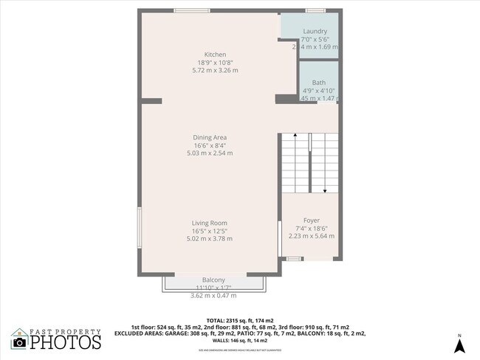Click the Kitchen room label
coord(215,55)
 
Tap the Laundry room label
coord(315,31)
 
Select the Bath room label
coord(318,83)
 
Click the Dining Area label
coord(210,137)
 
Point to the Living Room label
coord(210,223)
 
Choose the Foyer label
coord(310,219)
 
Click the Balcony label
coord(213,280)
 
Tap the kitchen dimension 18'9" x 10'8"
coord(215,63)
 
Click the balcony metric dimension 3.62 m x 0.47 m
coord(213,295)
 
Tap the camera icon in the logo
coord(19,342)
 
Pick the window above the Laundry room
coord(315,10)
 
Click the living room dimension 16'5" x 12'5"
coord(210,231)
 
